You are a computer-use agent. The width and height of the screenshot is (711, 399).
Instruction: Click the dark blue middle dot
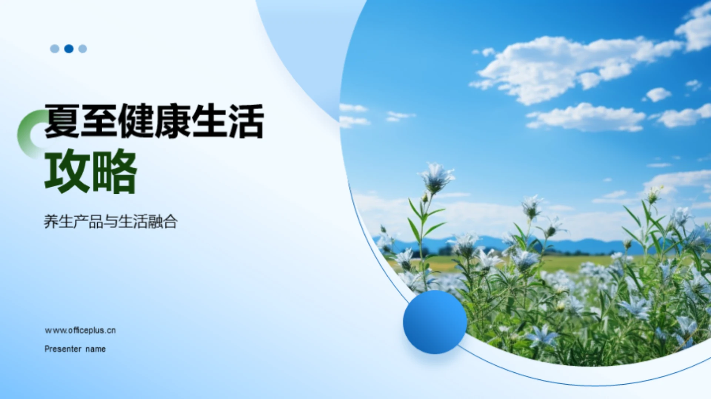coord(69,48)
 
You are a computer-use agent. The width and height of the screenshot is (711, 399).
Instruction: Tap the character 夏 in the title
coord(62,121)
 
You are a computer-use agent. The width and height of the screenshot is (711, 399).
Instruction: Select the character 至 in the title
coord(99,121)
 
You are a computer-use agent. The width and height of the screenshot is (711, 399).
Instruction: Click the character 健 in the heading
coord(136,121)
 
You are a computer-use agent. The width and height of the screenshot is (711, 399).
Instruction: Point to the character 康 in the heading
coord(173,121)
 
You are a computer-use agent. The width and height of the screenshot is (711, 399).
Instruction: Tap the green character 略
coord(115,171)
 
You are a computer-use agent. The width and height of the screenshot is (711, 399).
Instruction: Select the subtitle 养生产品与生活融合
coord(111,222)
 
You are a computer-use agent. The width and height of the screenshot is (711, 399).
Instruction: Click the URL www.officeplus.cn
coord(80,330)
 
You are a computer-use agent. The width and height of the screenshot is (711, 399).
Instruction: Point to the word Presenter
coord(63,349)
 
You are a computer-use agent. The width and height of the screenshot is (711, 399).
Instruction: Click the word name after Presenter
coord(96,349)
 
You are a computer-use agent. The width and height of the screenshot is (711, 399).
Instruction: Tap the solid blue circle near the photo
coord(435,322)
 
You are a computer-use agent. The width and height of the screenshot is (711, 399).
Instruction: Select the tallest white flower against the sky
coord(437,177)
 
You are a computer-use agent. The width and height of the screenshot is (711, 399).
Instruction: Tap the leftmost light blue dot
coord(54,48)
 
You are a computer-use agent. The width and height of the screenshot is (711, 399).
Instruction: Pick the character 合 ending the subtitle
coord(170,222)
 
